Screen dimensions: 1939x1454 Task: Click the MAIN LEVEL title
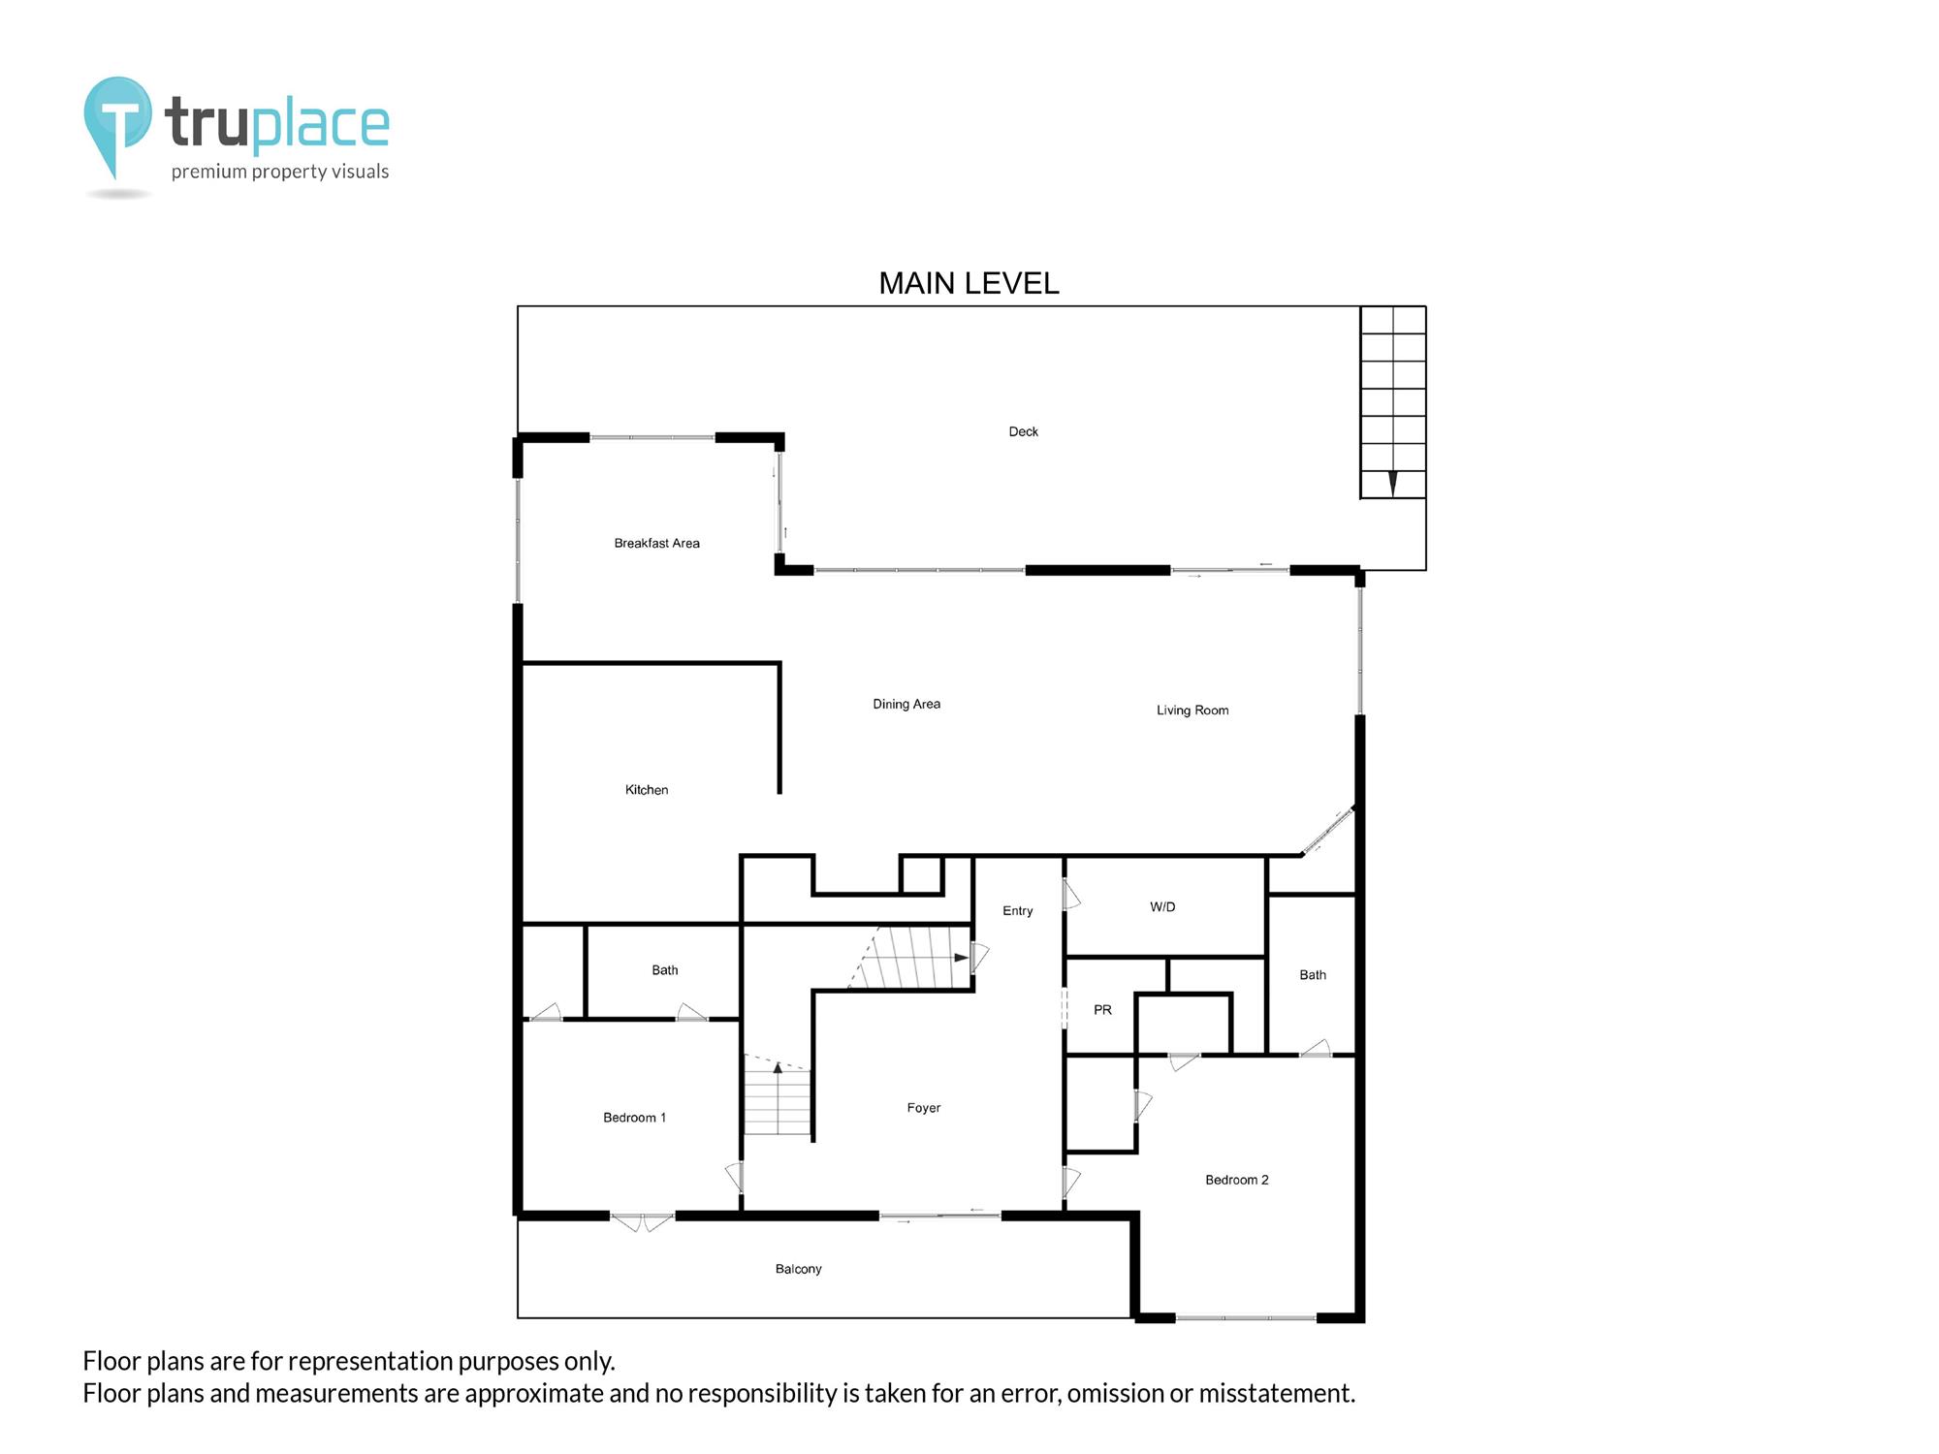pyautogui.click(x=969, y=283)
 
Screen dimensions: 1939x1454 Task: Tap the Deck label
pyautogui.click(x=1023, y=432)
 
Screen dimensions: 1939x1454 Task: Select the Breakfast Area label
pyautogui.click(x=656, y=544)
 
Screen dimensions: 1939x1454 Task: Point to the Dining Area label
pyautogui.click(x=906, y=705)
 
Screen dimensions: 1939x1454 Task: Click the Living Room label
pyautogui.click(x=1192, y=711)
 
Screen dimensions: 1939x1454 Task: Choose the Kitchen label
pyautogui.click(x=647, y=790)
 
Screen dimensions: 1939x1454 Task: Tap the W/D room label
pyautogui.click(x=1162, y=907)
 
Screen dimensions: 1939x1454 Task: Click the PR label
pyautogui.click(x=1102, y=1010)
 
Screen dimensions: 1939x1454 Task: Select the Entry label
pyautogui.click(x=1018, y=911)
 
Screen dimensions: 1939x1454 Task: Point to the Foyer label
pyautogui.click(x=924, y=1108)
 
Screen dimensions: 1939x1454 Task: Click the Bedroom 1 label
pyautogui.click(x=634, y=1118)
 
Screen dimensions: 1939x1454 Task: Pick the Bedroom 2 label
pyautogui.click(x=1237, y=1180)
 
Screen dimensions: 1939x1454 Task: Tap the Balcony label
pyautogui.click(x=798, y=1269)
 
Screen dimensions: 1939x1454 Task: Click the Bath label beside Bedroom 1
pyautogui.click(x=665, y=970)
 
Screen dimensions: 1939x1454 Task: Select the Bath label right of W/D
pyautogui.click(x=1313, y=975)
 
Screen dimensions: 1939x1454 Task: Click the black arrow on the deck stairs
pyautogui.click(x=1393, y=483)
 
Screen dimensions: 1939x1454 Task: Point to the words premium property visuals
pyautogui.click(x=280, y=173)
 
